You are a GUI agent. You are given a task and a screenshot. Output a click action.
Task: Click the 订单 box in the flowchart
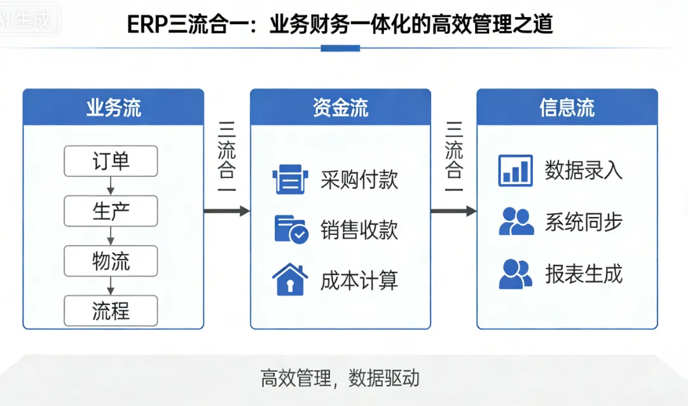click(111, 161)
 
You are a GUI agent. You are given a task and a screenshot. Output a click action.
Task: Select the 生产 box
click(111, 211)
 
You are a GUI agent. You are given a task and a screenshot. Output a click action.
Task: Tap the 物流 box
click(111, 261)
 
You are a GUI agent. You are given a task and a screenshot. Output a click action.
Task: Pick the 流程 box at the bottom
click(111, 311)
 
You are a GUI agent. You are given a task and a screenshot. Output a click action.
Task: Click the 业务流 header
click(113, 108)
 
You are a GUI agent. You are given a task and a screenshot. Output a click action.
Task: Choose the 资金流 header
click(340, 108)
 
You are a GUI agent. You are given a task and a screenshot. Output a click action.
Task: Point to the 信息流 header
click(567, 108)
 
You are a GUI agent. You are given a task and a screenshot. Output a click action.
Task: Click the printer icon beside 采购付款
click(291, 179)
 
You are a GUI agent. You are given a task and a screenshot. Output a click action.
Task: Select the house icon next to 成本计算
click(290, 280)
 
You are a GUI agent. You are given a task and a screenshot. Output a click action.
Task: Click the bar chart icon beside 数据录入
click(516, 170)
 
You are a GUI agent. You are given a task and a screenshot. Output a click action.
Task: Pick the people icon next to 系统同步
click(516, 221)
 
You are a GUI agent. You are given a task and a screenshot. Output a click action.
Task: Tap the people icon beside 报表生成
click(516, 274)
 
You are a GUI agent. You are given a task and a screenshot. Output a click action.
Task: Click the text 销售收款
click(359, 230)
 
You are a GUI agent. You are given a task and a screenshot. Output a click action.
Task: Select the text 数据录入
click(584, 171)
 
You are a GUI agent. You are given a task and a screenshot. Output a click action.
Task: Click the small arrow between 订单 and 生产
click(111, 186)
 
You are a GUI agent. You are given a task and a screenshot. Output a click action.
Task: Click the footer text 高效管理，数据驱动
click(340, 378)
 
